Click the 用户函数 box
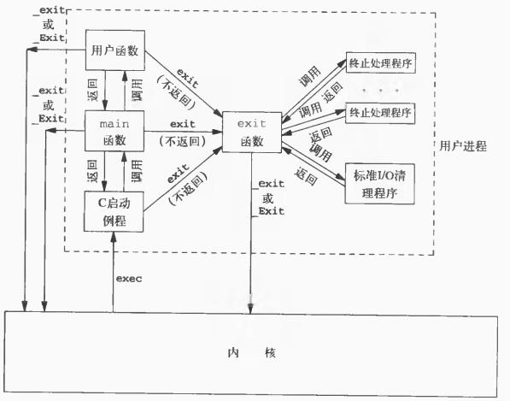point(115,50)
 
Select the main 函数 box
point(114,131)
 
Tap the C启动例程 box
point(114,211)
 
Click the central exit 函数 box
point(252,133)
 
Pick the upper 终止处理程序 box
point(380,62)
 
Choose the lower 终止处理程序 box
point(380,113)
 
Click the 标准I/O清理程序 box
point(379,184)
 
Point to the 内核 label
point(252,353)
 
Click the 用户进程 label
point(463,146)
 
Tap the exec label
point(129,279)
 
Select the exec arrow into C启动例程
point(114,272)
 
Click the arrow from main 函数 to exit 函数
point(183,132)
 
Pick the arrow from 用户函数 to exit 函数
point(184,84)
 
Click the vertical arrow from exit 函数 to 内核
point(251,233)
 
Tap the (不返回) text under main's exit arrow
point(183,141)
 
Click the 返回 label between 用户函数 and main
point(93,90)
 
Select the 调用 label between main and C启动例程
point(137,171)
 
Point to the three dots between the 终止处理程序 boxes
point(380,90)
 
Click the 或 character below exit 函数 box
point(268,198)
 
